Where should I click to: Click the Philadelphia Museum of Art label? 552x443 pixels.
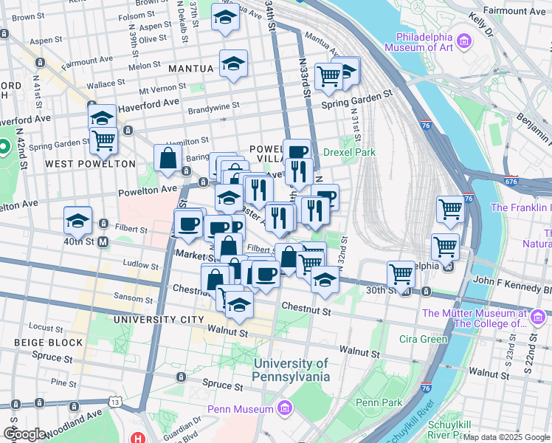pyautogui.click(x=434, y=44)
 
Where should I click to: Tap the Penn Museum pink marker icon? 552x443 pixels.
pyautogui.click(x=284, y=408)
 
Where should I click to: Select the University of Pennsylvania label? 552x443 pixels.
pyautogui.click(x=291, y=370)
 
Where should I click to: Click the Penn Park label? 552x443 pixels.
pyautogui.click(x=379, y=402)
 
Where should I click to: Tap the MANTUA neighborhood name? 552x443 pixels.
pyautogui.click(x=190, y=69)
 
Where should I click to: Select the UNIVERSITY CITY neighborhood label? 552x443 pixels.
pyautogui.click(x=159, y=320)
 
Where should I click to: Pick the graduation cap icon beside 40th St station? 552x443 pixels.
pyautogui.click(x=77, y=220)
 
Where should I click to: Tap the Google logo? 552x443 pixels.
pyautogui.click(x=24, y=434)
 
